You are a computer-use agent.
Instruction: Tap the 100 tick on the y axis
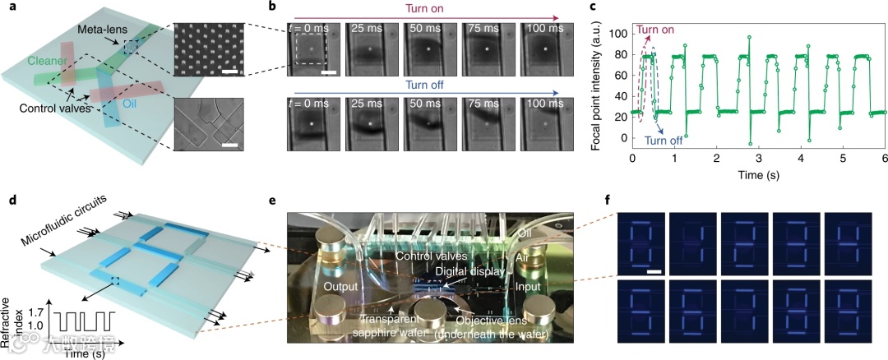pyautogui.click(x=618, y=33)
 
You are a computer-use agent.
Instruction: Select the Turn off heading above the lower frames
pyautogui.click(x=426, y=84)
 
